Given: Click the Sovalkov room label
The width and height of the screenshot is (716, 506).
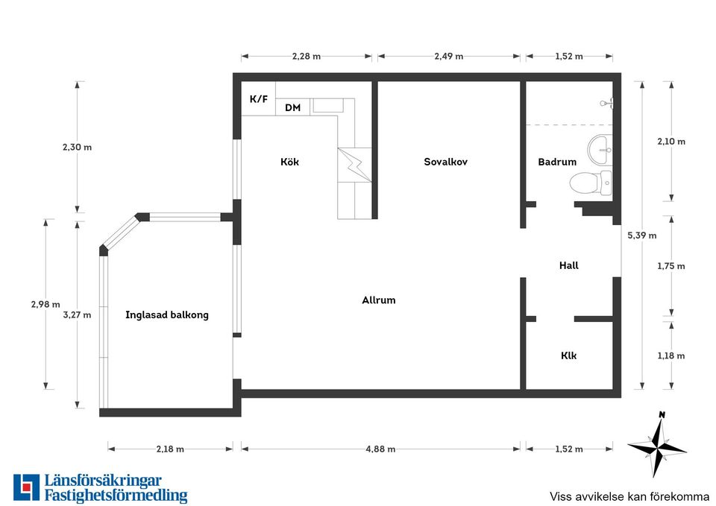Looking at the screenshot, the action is coord(445,162).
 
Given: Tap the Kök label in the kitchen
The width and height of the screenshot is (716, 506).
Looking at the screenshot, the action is coord(289,162).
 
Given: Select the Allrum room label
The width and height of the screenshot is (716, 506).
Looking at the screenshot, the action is coord(379,300).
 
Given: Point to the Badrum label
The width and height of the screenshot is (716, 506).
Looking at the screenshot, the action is coord(557,162).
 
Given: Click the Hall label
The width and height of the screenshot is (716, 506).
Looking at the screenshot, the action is coord(569,265).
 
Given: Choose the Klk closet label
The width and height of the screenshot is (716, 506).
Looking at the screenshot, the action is coord(569,355).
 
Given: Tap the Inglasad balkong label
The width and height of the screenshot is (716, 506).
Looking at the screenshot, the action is coord(166,314).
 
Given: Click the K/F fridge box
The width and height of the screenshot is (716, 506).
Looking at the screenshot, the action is coord(259,99).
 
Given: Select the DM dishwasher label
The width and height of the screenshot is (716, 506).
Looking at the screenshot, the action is coord(292,107).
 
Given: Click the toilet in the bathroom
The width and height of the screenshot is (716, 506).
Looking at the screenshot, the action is coord(591,183).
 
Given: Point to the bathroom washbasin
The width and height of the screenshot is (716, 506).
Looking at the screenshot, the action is coord(600,150).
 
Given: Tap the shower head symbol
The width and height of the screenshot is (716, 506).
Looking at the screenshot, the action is coord(607,104).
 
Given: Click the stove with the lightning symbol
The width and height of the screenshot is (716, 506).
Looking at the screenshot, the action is coord(355,165).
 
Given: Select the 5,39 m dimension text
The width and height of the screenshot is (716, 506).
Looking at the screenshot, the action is coord(642,235).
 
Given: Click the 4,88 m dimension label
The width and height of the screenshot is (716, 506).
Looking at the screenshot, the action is coord(380,449).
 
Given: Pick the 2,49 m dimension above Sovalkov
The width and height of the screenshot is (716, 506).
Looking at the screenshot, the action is coord(449,56).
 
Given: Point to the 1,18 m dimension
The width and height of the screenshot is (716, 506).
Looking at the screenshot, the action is coord(671,355).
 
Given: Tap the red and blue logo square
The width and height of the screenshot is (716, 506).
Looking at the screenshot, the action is coord(26,487).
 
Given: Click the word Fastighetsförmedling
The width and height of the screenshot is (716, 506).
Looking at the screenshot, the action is coord(116,496).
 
